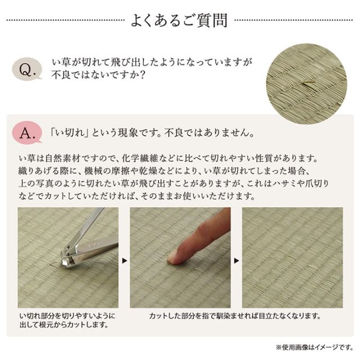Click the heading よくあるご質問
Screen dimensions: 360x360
pyautogui.click(x=179, y=20)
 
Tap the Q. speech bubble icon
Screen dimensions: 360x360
pyautogui.click(x=27, y=69)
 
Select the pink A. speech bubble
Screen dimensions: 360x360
pyautogui.click(x=27, y=133)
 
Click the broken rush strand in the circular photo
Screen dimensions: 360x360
pyautogui.click(x=308, y=84)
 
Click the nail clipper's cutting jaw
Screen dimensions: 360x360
pyautogui.click(x=66, y=261)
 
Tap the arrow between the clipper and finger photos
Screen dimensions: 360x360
pyautogui.click(x=124, y=260)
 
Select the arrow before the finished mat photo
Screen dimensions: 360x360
pyautogui.click(x=236, y=260)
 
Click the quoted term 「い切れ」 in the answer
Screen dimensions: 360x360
pyautogui.click(x=70, y=133)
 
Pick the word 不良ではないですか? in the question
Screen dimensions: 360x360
pyautogui.click(x=99, y=75)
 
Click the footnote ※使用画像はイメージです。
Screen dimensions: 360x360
pyautogui.click(x=314, y=347)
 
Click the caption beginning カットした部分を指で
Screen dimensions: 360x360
pyautogui.click(x=235, y=316)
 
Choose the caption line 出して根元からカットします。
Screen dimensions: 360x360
pyautogui.click(x=64, y=325)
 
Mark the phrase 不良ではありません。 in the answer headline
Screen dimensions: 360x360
pyautogui.click(x=209, y=133)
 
